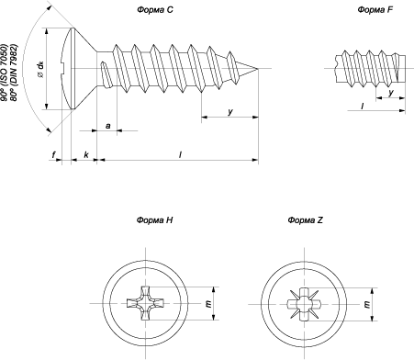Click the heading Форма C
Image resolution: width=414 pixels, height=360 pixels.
pos(155,10)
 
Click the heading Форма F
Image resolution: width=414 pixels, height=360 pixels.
pos(375,10)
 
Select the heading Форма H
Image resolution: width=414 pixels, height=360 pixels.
pos(154,220)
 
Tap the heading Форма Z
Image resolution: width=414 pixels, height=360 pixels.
pos(305,220)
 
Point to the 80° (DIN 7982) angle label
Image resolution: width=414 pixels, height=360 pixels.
pos(13,73)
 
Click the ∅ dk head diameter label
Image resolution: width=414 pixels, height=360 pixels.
pos(40,69)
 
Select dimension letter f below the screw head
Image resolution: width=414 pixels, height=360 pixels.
pos(54,155)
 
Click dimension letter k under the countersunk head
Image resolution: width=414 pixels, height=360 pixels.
pos(86,154)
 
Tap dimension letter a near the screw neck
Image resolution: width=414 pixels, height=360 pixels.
pos(107,126)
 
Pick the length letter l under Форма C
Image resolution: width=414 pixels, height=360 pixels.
pos(180,154)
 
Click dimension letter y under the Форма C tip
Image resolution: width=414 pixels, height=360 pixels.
pos(230,112)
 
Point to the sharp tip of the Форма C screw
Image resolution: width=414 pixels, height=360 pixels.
pos(258,68)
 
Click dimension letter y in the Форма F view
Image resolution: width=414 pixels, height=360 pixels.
pos(391,93)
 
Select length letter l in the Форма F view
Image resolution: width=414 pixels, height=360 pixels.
pos(363,106)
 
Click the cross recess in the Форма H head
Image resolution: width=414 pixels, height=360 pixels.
pos(145,303)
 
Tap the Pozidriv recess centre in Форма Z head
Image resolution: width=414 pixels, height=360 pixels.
pos(304,304)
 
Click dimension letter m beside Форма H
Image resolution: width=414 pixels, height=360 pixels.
pos(209,304)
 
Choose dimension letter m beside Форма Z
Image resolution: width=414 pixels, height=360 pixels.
pos(367,304)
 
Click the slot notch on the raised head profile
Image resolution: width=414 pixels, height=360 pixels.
pos(63,68)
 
